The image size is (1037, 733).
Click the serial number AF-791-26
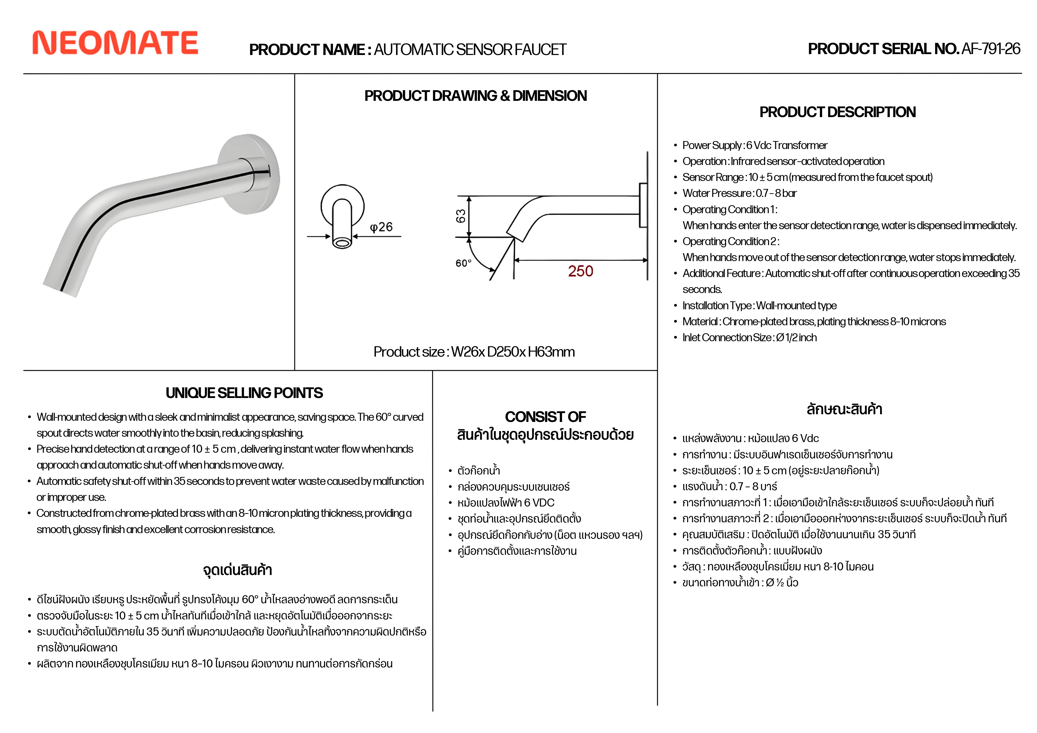(991, 49)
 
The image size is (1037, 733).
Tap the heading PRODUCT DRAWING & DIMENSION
(475, 96)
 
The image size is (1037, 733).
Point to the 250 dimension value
(580, 271)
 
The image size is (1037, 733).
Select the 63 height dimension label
(460, 216)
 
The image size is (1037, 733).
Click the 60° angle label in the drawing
(463, 263)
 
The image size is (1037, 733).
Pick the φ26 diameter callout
(381, 227)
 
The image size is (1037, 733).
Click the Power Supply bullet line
(755, 145)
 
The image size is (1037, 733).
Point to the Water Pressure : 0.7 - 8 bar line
(739, 193)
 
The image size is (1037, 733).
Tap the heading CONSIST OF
(545, 417)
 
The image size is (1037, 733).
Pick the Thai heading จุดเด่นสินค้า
(238, 570)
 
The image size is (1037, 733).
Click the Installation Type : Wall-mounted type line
(759, 305)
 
